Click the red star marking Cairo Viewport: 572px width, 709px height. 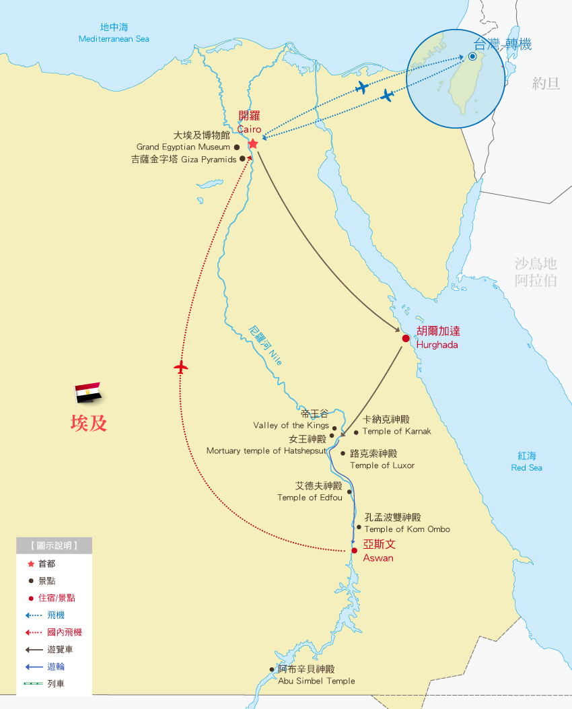[253, 144]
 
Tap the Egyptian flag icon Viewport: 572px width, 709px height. [87, 393]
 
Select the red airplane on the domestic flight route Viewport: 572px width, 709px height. [180, 367]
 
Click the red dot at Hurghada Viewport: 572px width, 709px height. [406, 338]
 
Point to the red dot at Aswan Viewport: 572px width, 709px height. [354, 550]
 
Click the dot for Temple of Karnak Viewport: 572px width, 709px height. [356, 432]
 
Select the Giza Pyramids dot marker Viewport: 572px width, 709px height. [242, 160]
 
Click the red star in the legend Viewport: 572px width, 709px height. [30, 564]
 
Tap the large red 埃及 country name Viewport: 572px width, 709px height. [89, 423]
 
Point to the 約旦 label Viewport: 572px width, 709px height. [546, 83]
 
